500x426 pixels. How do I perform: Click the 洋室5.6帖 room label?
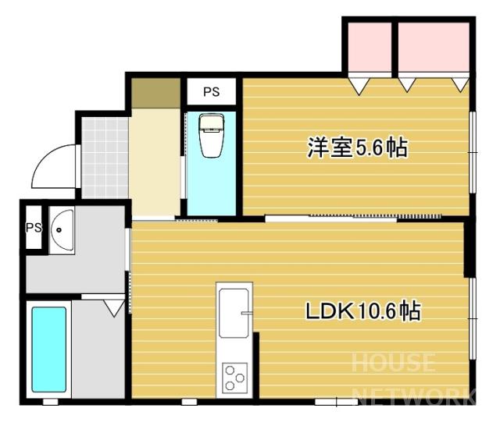click(357, 147)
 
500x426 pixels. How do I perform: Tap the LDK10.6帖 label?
click(363, 311)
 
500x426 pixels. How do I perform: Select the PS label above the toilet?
click(212, 92)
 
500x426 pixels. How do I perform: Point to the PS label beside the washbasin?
click(34, 227)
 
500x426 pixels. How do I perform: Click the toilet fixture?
click(211, 136)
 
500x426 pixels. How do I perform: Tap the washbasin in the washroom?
click(62, 230)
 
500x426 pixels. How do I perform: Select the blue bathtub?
click(48, 350)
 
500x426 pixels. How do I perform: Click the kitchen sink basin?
click(234, 313)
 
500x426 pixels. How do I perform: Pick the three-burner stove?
click(234, 378)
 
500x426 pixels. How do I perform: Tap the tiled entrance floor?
click(105, 158)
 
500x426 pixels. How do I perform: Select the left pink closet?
click(370, 47)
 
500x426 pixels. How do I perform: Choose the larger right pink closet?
click(434, 47)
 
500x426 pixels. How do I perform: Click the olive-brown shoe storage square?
click(156, 93)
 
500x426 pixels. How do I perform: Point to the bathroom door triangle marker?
click(114, 308)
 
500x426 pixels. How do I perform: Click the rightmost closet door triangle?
click(460, 85)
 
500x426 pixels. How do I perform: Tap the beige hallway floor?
click(155, 162)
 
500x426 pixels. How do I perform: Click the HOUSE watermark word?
click(393, 362)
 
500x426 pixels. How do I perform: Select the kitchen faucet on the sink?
click(247, 313)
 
